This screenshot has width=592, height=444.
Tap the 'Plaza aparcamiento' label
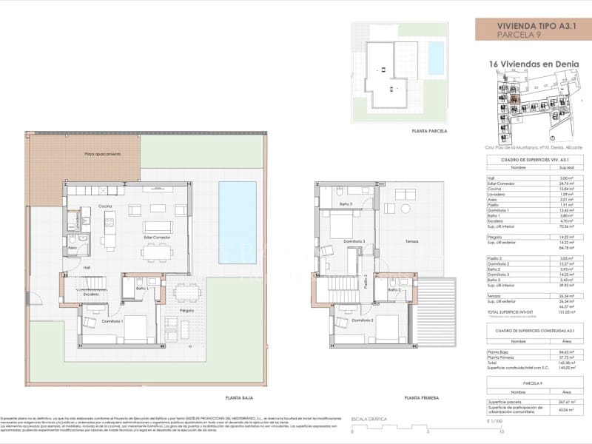102,154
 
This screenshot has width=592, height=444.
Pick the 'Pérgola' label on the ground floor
186,311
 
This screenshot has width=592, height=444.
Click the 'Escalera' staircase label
92,294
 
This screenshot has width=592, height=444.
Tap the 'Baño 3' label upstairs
346,203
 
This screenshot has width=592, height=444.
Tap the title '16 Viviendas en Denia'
527,64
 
